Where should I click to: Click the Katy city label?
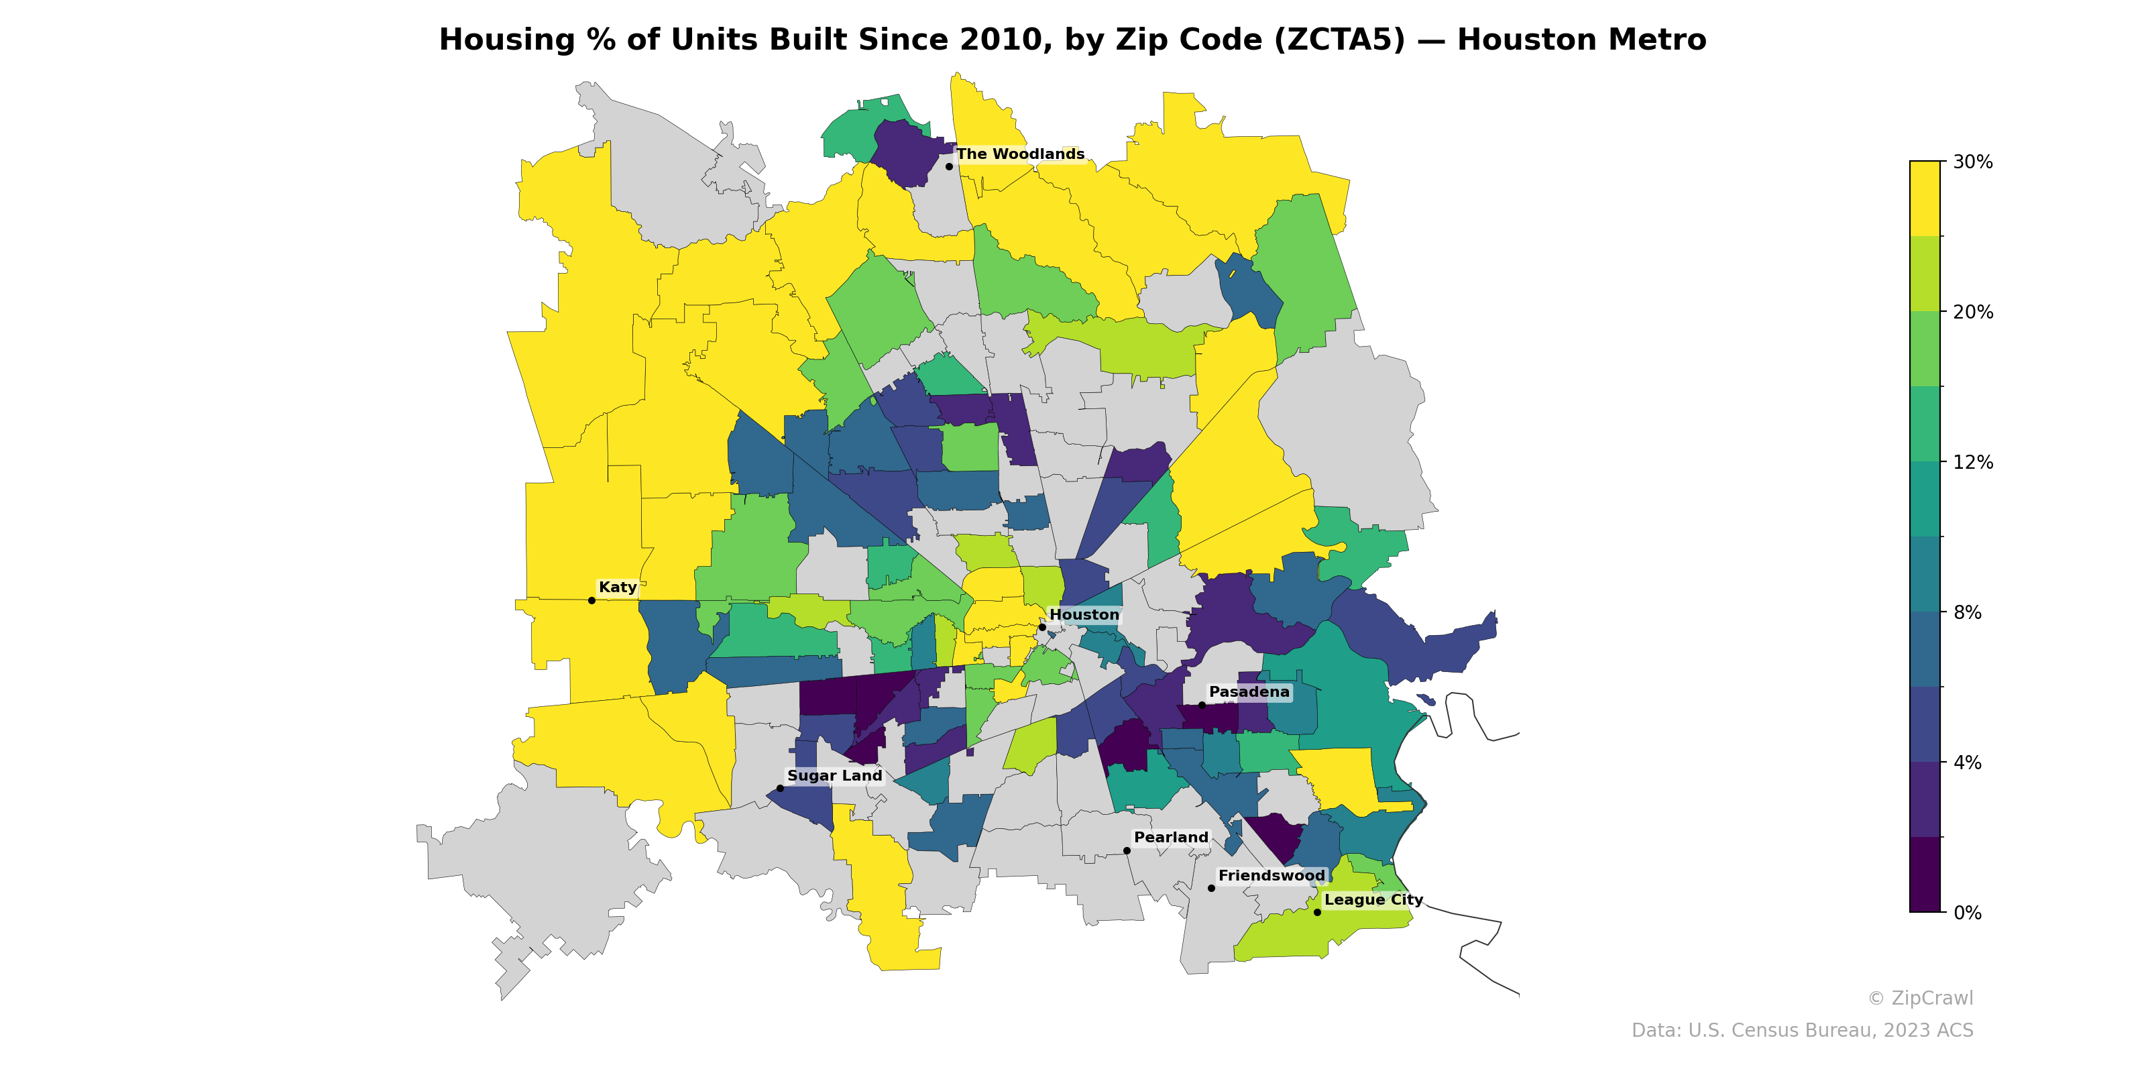pos(617,587)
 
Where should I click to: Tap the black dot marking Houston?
pos(1041,627)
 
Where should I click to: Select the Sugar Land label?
pos(834,776)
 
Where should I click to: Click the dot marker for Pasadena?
pos(1201,705)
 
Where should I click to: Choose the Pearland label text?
pos(1170,837)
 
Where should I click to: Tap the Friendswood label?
pos(1272,876)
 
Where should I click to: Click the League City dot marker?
pos(1317,912)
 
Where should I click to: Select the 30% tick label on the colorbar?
pos(1973,162)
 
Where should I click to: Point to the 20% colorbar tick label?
pos(1973,312)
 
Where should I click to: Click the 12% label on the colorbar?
pos(1973,462)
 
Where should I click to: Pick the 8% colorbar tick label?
pos(1967,612)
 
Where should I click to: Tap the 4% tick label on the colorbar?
pos(1967,763)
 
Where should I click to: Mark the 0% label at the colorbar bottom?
pos(1967,913)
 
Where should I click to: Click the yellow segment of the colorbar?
pos(1925,199)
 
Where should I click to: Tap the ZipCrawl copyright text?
pos(1920,998)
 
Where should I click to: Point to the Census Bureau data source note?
pos(1802,1031)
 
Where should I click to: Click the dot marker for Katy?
pos(591,601)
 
